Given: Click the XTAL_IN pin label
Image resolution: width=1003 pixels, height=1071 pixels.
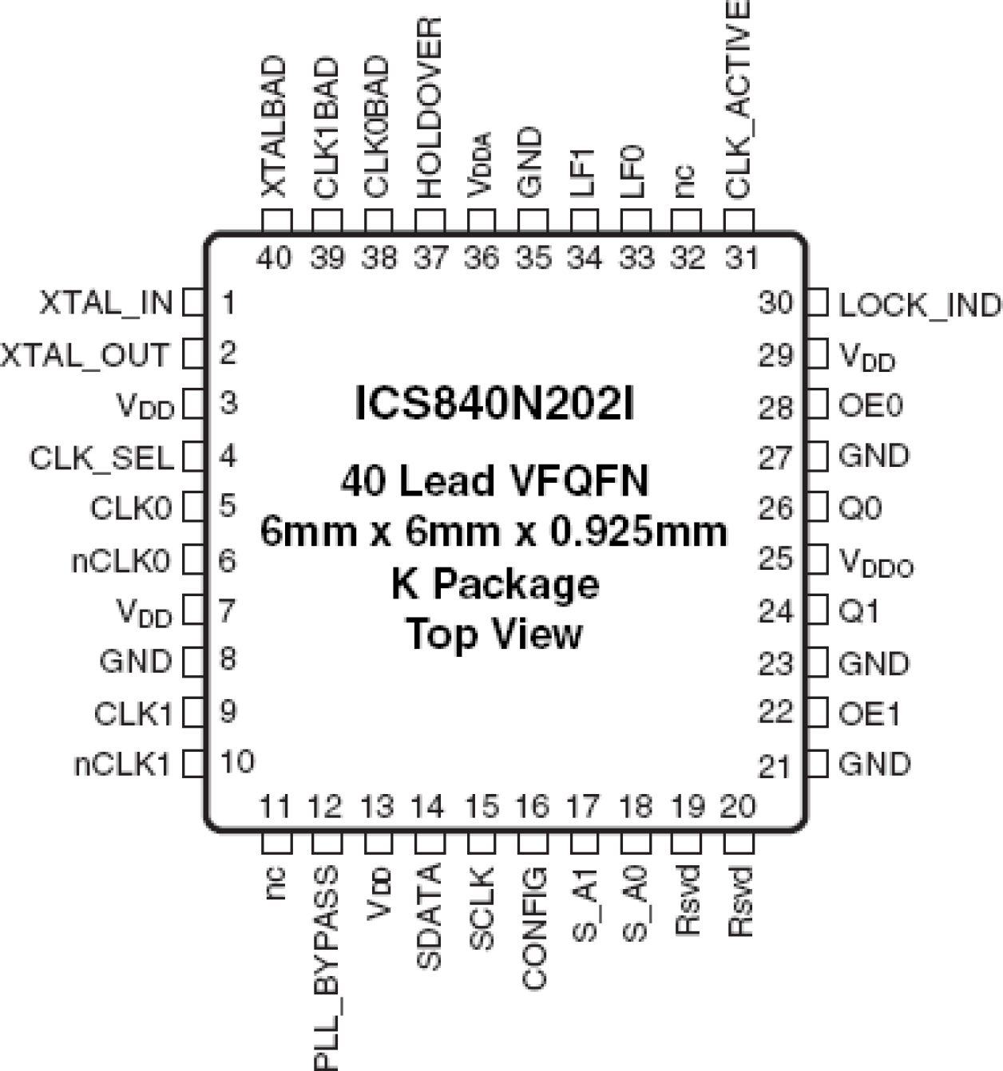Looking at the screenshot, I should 105,303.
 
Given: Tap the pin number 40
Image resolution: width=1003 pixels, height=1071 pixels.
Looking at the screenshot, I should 275,258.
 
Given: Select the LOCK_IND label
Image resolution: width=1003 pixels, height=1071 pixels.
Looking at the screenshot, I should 918,305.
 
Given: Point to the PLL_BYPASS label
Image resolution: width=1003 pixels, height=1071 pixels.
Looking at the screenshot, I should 326,966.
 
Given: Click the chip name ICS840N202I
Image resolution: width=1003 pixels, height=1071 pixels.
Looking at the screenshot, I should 494,405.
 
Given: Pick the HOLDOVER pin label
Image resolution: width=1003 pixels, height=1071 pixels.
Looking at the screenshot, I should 430,109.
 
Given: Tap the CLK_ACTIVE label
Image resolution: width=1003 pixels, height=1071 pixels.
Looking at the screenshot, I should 738,99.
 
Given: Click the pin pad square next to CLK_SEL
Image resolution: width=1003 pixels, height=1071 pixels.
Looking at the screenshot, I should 193,457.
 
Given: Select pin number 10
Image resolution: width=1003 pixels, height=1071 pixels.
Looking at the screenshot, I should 236,762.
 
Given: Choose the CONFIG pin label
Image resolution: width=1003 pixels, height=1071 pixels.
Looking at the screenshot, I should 534,928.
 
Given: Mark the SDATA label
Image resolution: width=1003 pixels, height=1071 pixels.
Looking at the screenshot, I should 430,917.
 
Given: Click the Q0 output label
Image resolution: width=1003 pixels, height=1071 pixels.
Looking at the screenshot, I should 859,508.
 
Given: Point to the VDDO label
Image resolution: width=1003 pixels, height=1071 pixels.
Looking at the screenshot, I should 876,563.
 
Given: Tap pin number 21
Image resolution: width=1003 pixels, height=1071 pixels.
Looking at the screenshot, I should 774,766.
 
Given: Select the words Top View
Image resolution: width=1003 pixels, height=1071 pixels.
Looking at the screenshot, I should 494,634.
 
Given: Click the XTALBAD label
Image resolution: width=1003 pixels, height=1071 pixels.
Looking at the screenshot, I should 275,126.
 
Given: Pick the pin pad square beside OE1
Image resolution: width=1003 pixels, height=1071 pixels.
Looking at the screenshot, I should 817,713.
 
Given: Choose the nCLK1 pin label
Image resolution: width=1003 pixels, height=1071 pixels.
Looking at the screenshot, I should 122,765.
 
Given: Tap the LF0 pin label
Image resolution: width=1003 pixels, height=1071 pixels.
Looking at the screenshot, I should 632,171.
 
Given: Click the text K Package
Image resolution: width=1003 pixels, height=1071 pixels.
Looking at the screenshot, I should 494,584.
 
